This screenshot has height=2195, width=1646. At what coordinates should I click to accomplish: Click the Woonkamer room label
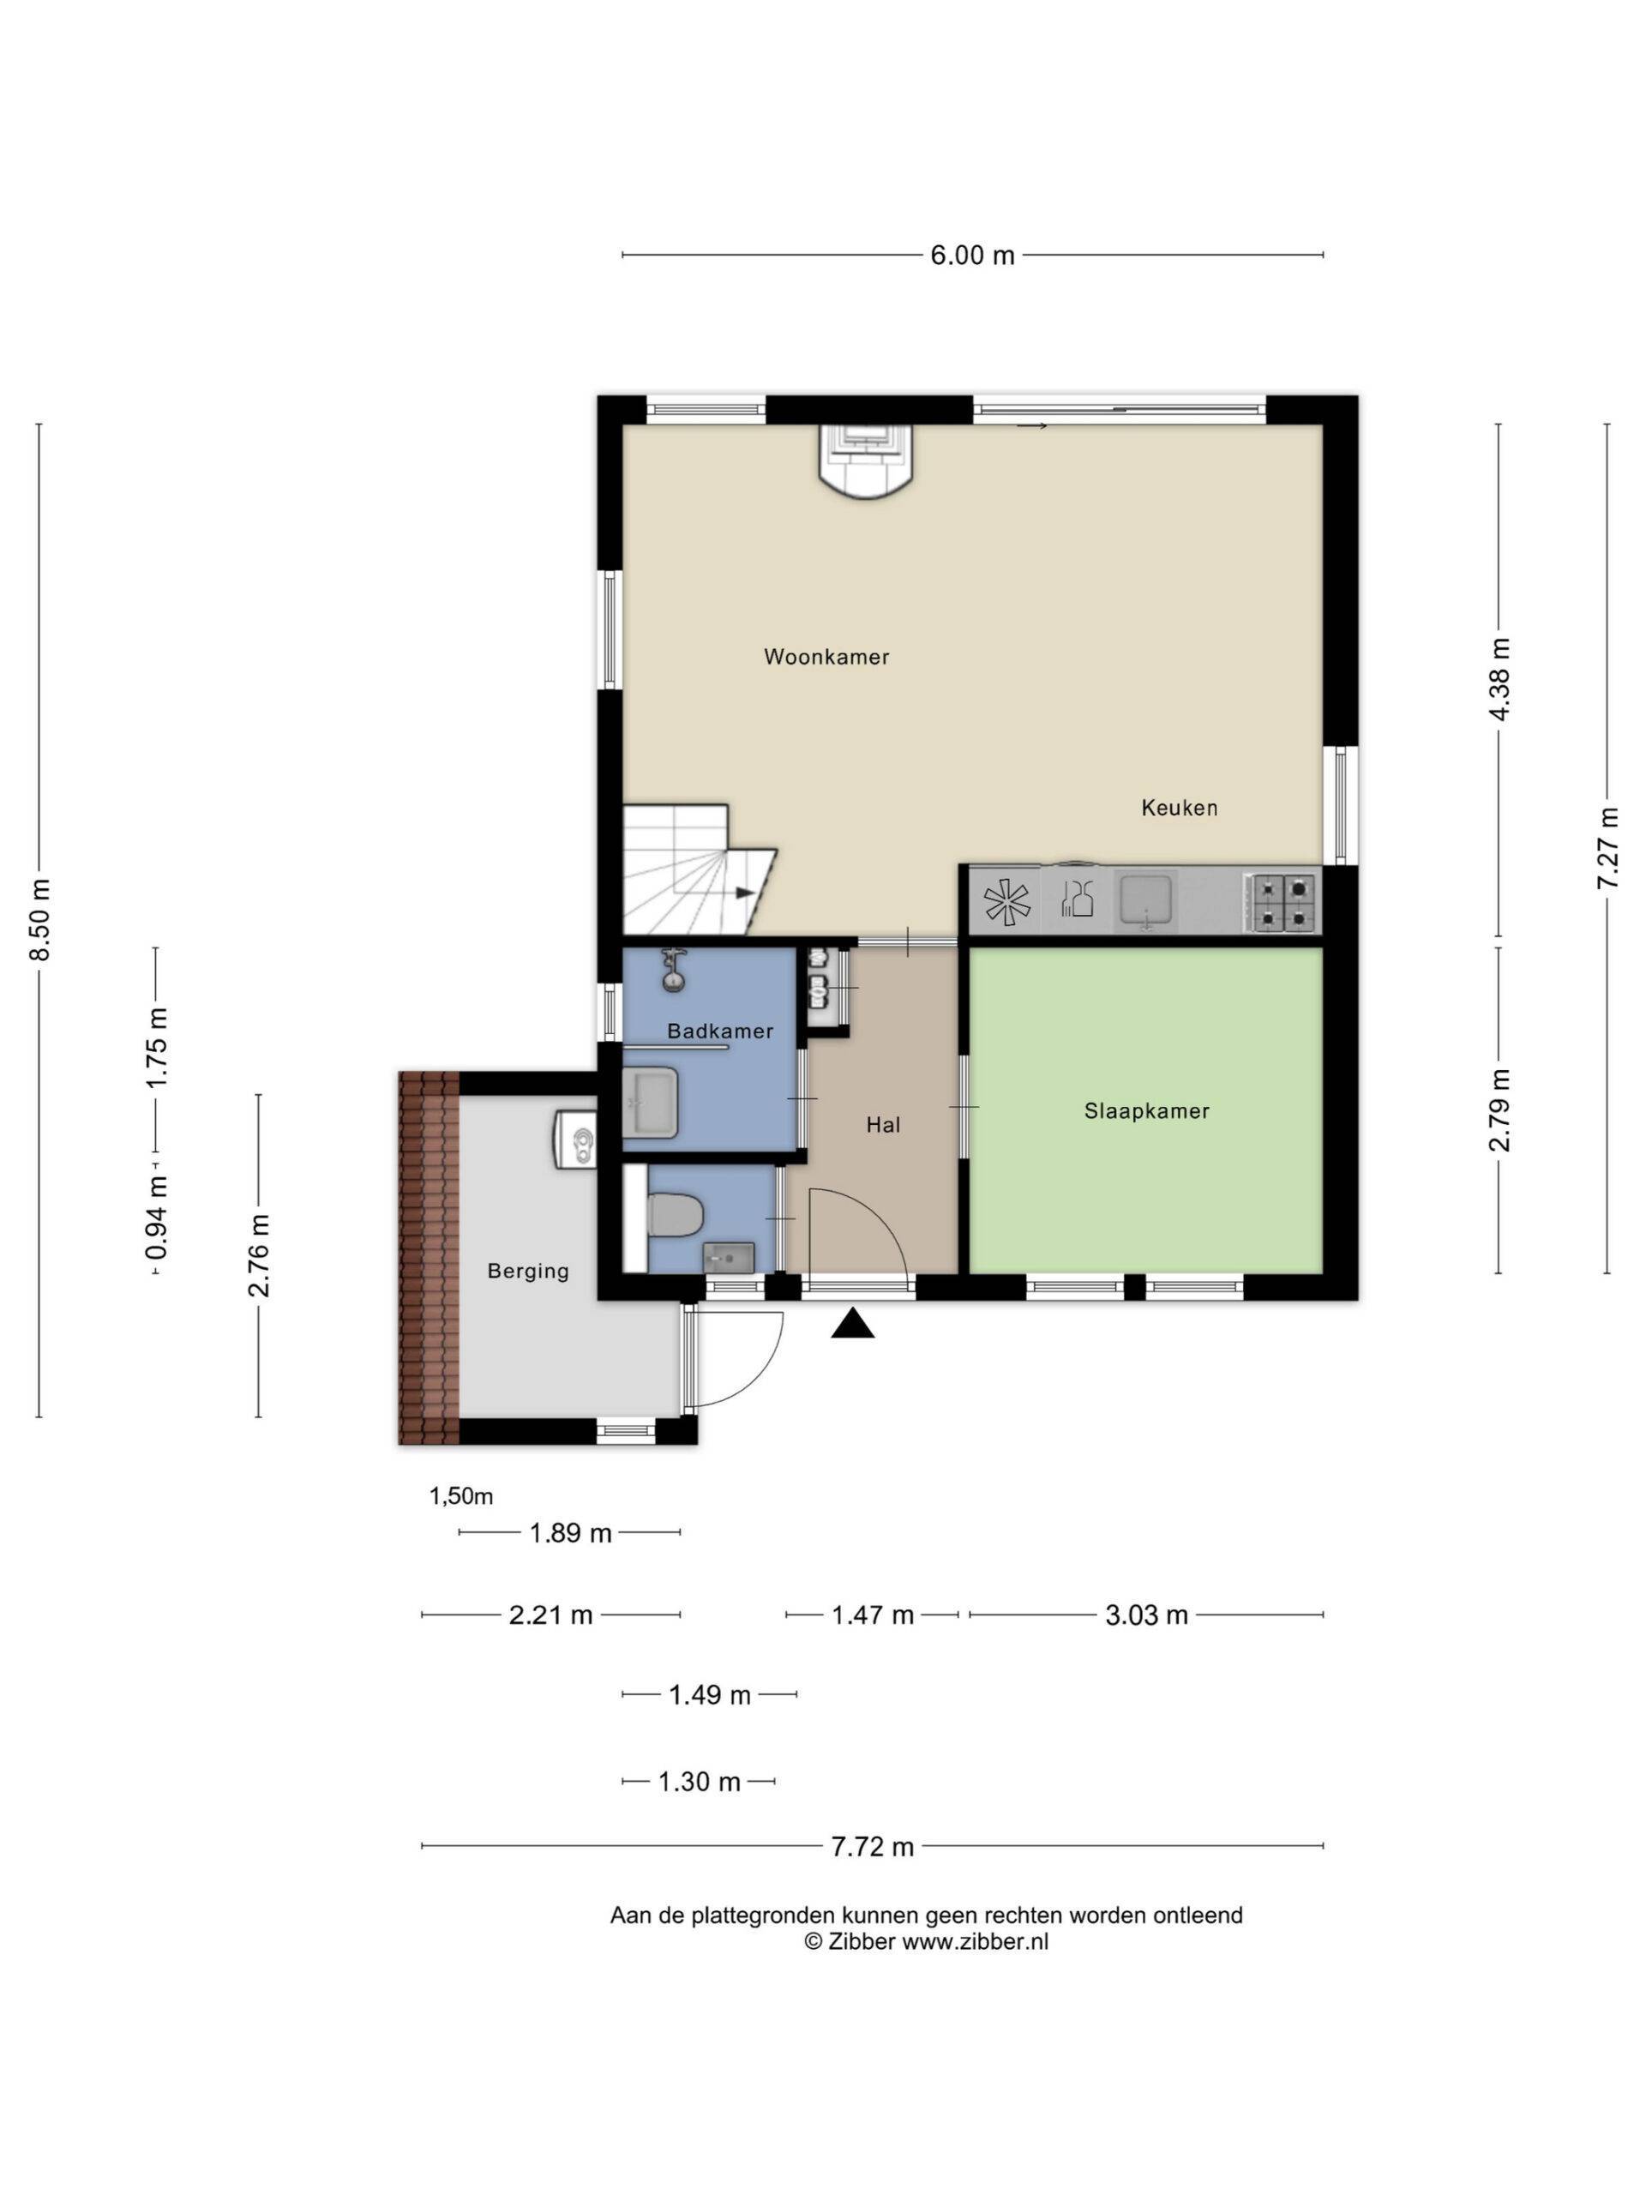(826, 656)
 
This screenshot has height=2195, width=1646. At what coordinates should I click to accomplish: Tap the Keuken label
(1179, 808)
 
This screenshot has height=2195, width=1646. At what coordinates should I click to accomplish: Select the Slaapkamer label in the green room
(1147, 1111)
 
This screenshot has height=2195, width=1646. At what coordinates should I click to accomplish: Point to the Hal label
(883, 1125)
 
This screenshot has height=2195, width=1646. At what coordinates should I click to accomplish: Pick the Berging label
(528, 1272)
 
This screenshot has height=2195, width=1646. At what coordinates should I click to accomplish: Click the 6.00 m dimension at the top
(972, 255)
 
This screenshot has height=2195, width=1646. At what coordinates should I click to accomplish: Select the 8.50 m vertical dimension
(39, 920)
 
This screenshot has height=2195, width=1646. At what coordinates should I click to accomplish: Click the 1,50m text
(460, 1495)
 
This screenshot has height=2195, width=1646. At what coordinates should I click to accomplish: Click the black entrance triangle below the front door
(852, 1325)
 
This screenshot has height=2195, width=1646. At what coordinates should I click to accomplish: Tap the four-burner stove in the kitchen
(1283, 902)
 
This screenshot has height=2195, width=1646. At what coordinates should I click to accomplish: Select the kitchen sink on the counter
(1146, 901)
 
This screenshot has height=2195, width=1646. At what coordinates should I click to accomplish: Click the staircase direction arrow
(744, 892)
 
